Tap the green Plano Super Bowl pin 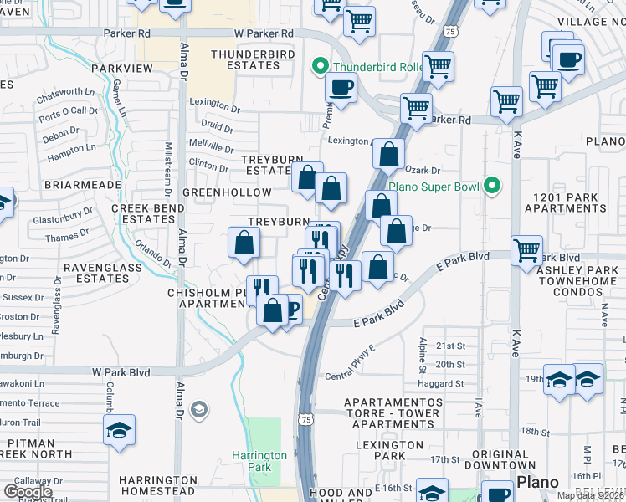pyautogui.click(x=493, y=186)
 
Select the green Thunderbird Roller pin pyautogui.click(x=319, y=65)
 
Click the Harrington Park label pyautogui.click(x=259, y=462)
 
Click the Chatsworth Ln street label pyautogui.click(x=66, y=92)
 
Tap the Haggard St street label pyautogui.click(x=449, y=384)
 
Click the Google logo pyautogui.click(x=28, y=492)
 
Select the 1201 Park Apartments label pyautogui.click(x=574, y=202)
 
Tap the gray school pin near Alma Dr pyautogui.click(x=199, y=409)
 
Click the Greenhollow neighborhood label pyautogui.click(x=227, y=192)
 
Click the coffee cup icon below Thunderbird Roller pyautogui.click(x=340, y=87)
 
